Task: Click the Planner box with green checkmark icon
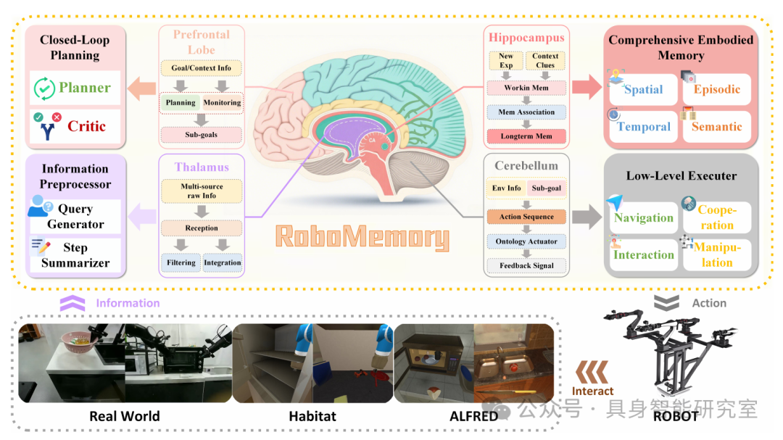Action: click(x=75, y=88)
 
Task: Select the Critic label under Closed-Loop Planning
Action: click(x=86, y=126)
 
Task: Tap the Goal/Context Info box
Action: click(x=202, y=68)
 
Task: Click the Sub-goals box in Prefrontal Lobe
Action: click(x=202, y=134)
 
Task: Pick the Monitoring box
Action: click(x=223, y=102)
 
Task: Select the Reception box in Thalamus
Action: click(x=202, y=228)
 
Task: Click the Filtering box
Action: click(x=181, y=262)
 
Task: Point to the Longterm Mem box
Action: click(x=526, y=136)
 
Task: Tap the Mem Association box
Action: click(x=526, y=112)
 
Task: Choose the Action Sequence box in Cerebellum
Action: click(x=526, y=217)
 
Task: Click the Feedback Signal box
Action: click(x=526, y=266)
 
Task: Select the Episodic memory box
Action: click(x=716, y=89)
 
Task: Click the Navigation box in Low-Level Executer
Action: click(x=643, y=217)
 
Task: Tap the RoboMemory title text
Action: click(x=362, y=237)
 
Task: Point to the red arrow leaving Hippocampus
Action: click(x=587, y=87)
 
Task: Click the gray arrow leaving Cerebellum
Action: click(x=587, y=217)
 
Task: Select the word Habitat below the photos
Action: click(x=312, y=416)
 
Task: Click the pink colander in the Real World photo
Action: click(x=80, y=343)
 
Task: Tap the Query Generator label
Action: click(x=76, y=216)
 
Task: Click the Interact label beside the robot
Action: click(x=593, y=391)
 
